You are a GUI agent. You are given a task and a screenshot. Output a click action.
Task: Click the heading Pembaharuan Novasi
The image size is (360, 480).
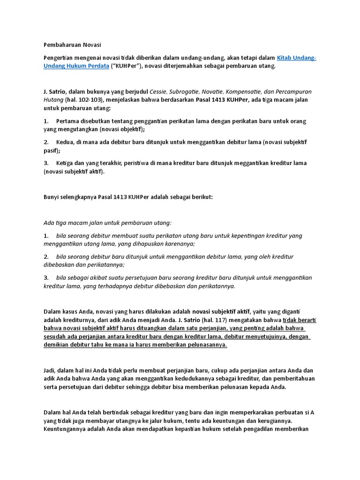click(x=72, y=45)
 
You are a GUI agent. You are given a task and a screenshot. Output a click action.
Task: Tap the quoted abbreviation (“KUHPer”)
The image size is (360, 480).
click(x=125, y=66)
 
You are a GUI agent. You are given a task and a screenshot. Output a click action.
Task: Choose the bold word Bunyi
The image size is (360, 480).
click(x=52, y=197)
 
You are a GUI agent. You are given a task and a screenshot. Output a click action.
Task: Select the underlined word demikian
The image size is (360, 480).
click(x=58, y=345)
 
